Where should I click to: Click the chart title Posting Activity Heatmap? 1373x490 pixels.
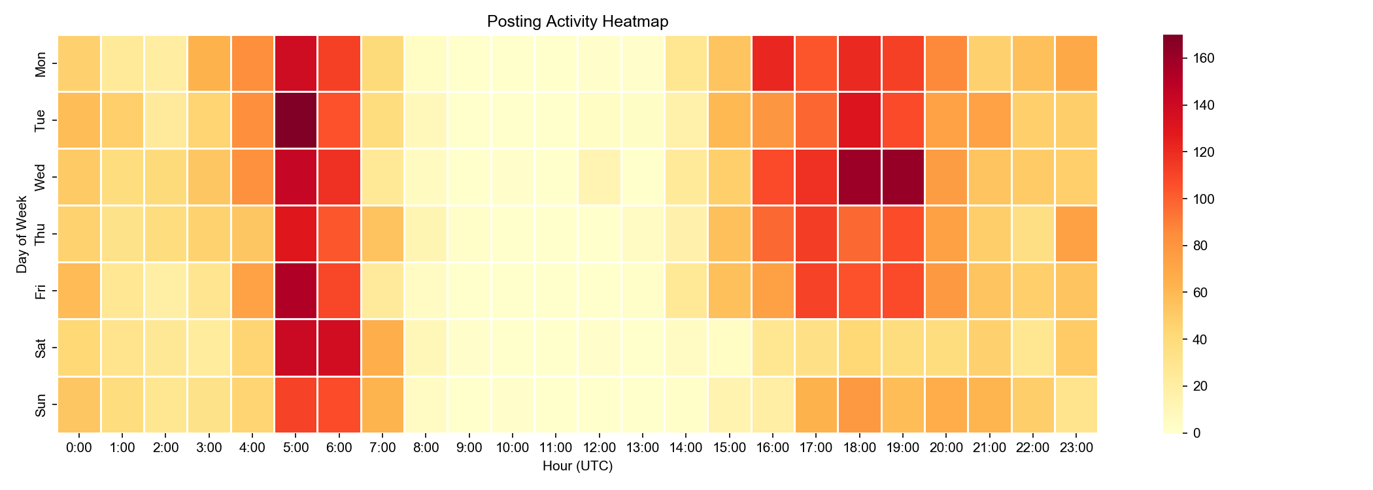point(577,22)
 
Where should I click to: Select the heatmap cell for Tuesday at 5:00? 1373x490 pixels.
point(296,120)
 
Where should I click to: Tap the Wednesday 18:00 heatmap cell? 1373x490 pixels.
point(860,177)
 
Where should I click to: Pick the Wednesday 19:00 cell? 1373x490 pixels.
point(903,177)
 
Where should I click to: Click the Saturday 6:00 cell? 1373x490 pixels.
point(339,348)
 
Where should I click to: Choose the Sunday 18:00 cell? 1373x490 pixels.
point(860,404)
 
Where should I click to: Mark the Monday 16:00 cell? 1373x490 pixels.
point(773,63)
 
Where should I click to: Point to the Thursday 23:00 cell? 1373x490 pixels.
point(1076,234)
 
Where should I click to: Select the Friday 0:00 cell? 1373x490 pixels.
point(80,291)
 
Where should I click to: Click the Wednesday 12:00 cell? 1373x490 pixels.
point(600,177)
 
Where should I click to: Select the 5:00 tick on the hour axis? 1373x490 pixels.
point(296,448)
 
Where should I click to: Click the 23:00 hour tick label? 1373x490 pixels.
point(1076,448)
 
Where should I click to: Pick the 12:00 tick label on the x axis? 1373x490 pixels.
point(600,448)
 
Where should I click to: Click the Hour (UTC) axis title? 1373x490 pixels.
point(577,466)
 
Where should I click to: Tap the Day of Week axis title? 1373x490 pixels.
point(22,234)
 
